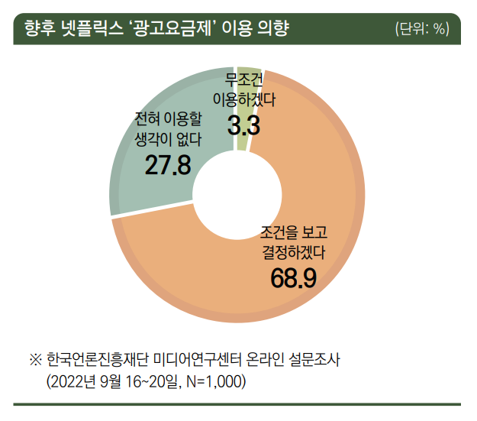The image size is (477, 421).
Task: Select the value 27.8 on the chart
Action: click(167, 164)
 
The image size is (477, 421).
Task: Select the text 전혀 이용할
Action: click(167, 119)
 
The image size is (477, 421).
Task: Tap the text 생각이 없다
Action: click(167, 138)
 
